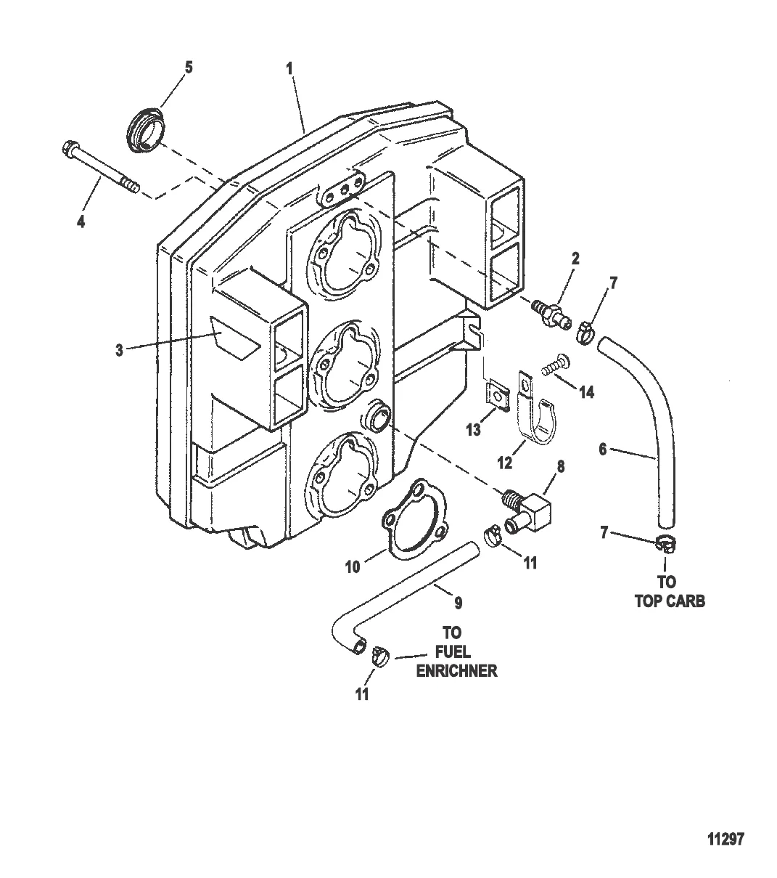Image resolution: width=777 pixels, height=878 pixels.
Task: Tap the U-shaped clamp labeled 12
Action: click(x=536, y=408)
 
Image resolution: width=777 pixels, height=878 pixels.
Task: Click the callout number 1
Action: click(x=289, y=69)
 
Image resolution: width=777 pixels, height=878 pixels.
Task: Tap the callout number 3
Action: click(x=120, y=350)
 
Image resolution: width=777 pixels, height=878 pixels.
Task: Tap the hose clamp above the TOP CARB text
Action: click(x=665, y=543)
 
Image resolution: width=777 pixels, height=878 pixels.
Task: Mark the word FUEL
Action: click(x=453, y=652)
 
